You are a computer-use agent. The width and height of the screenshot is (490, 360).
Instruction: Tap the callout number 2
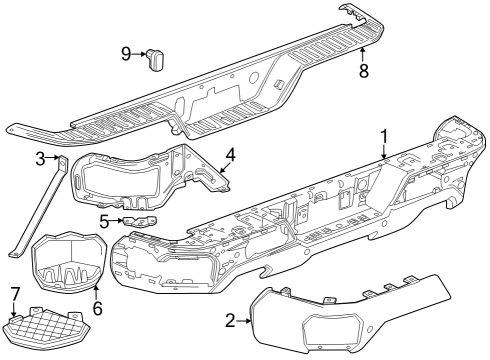pyautogui.click(x=230, y=320)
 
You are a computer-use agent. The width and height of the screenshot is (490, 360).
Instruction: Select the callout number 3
pyautogui.click(x=41, y=158)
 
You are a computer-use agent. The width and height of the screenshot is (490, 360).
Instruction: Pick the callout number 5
pyautogui.click(x=104, y=221)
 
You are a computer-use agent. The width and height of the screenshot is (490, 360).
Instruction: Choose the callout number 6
pyautogui.click(x=97, y=309)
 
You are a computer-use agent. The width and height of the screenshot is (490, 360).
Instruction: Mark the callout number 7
pyautogui.click(x=14, y=292)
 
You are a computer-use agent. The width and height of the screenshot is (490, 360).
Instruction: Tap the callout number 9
pyautogui.click(x=126, y=53)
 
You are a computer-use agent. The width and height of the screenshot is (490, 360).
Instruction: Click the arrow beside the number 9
pyautogui.click(x=140, y=54)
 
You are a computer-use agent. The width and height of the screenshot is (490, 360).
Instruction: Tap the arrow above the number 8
pyautogui.click(x=362, y=52)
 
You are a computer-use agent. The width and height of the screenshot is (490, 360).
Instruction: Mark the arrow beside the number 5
pyautogui.click(x=117, y=221)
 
